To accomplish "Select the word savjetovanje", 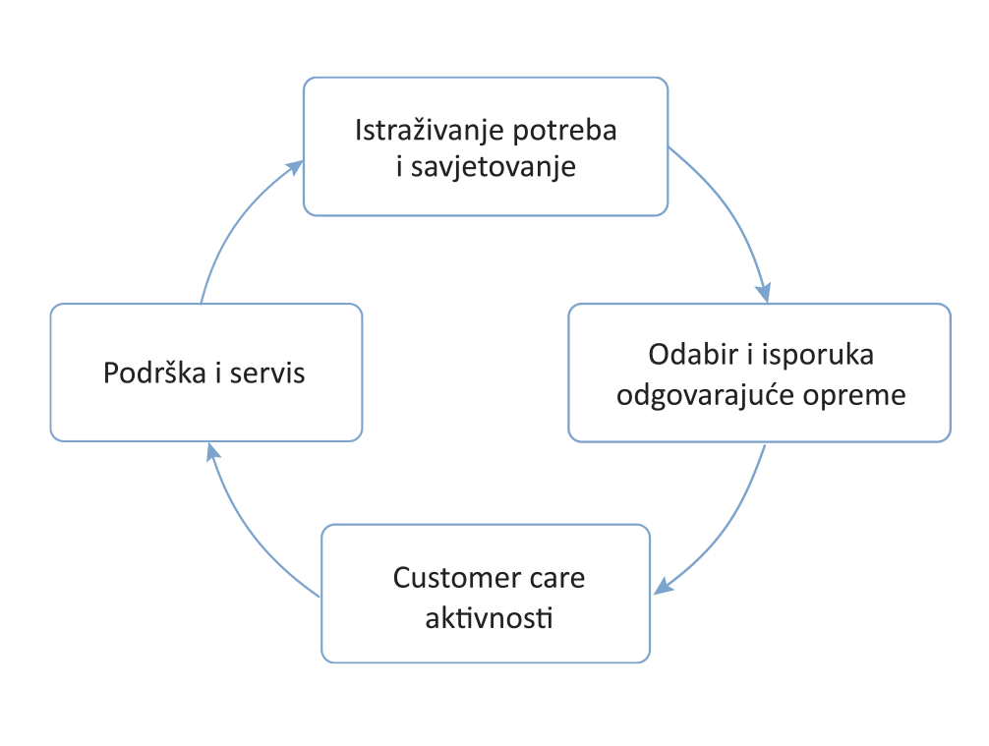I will click(x=493, y=168).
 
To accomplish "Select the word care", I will click(x=555, y=577).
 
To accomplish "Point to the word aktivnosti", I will click(x=488, y=619).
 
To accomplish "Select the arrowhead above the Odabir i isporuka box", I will click(x=762, y=292).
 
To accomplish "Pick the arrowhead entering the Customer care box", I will click(x=663, y=587).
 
